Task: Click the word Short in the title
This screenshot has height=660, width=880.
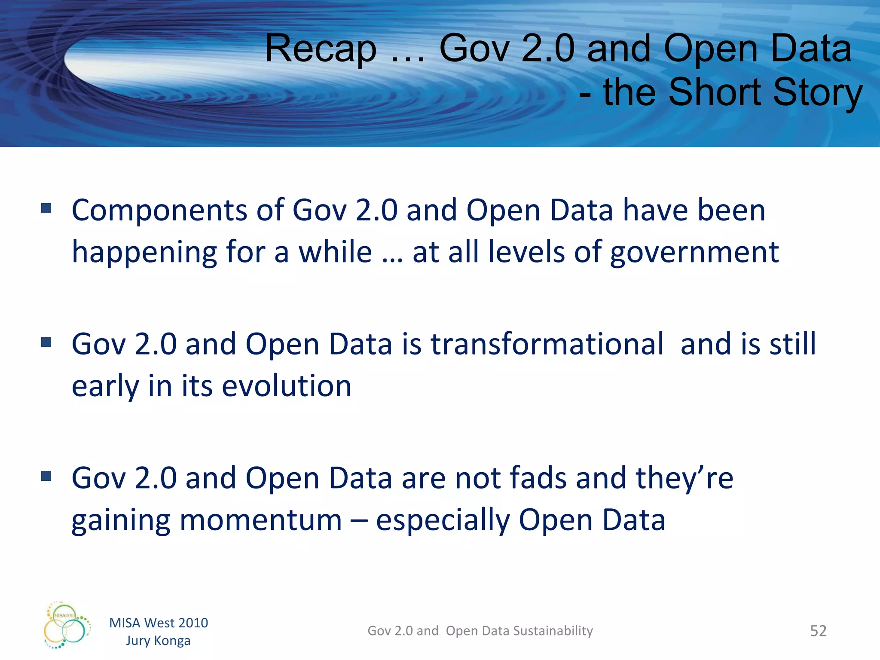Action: pyautogui.click(x=715, y=92)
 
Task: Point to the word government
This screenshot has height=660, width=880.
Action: pyautogui.click(x=694, y=253)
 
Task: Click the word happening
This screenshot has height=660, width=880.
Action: pyautogui.click(x=144, y=253)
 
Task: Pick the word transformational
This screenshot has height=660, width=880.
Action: pyautogui.click(x=547, y=344)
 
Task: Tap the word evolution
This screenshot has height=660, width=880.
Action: pyautogui.click(x=287, y=386)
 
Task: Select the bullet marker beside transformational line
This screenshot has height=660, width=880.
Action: pyautogui.click(x=46, y=342)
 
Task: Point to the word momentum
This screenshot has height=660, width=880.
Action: pyautogui.click(x=260, y=520)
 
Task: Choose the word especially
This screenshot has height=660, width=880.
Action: pyautogui.click(x=443, y=520)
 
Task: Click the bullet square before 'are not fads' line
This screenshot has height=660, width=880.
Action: pyautogui.click(x=46, y=476)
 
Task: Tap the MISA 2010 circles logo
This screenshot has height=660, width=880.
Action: pyautogui.click(x=67, y=625)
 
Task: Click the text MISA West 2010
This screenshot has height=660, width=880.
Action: pyautogui.click(x=159, y=623)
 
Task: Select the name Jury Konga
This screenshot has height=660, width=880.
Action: pyautogui.click(x=158, y=641)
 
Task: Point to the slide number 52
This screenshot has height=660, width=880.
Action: pyautogui.click(x=818, y=631)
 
